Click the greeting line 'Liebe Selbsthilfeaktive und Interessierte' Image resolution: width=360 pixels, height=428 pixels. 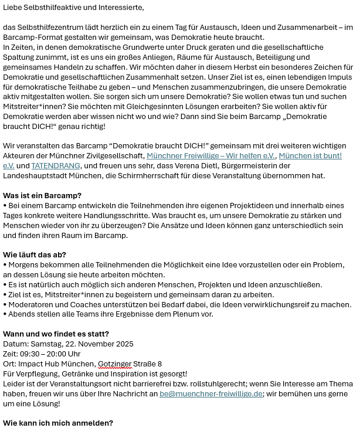73,8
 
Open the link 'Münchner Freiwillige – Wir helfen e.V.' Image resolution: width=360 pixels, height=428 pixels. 210,156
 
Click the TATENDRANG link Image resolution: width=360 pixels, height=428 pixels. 55,166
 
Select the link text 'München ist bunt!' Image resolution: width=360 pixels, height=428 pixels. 310,156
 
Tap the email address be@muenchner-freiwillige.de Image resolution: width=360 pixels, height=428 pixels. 211,394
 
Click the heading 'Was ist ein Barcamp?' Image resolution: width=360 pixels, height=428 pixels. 42,196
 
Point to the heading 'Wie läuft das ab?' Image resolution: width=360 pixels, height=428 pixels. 35,255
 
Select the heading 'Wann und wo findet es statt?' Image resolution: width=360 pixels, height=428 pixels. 56,334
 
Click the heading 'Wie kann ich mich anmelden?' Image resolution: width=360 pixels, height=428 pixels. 58,423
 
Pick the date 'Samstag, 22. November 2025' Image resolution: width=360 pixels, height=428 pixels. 81,344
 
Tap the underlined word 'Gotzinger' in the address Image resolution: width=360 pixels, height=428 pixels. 114,364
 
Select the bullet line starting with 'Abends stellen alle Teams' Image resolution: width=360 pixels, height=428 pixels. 108,314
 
